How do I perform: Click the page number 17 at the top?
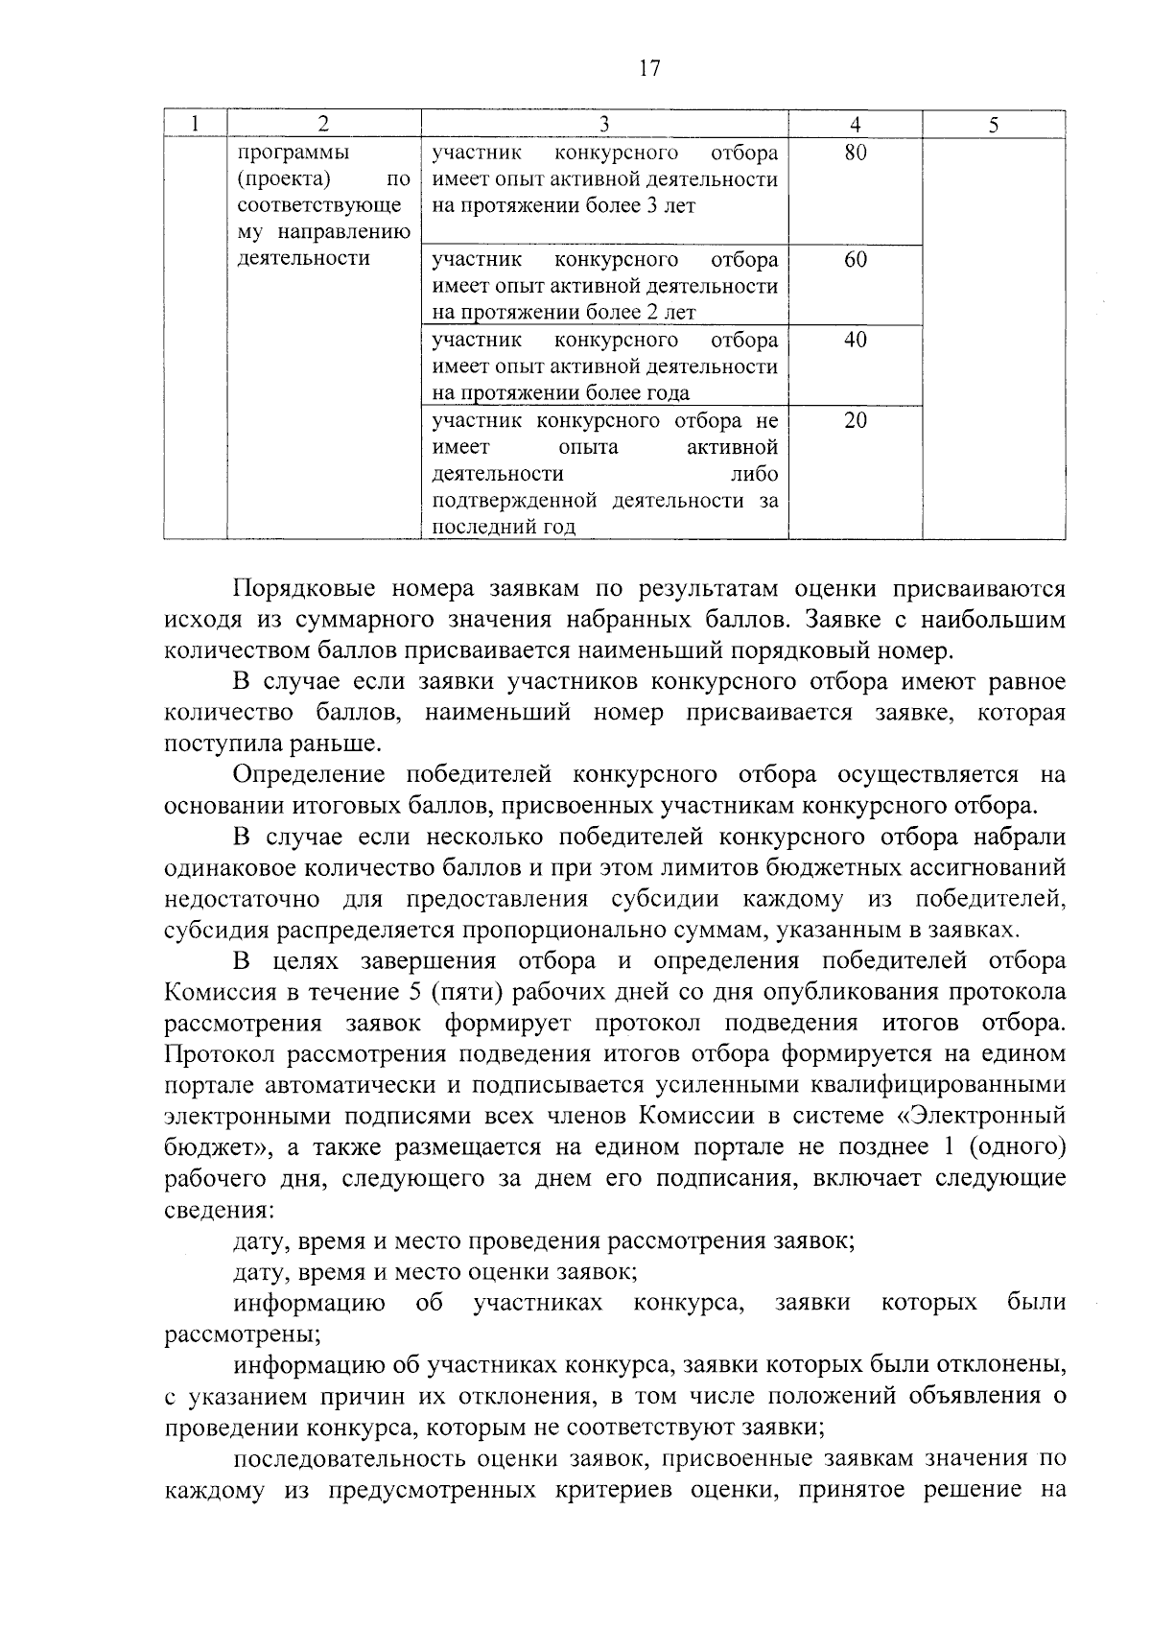tap(649, 68)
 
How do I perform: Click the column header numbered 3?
tap(604, 124)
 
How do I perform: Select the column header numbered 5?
tap(993, 124)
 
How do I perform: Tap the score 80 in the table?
tap(856, 153)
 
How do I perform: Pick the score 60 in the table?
tap(856, 259)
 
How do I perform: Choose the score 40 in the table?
tap(856, 340)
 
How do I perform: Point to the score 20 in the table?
tap(856, 420)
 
